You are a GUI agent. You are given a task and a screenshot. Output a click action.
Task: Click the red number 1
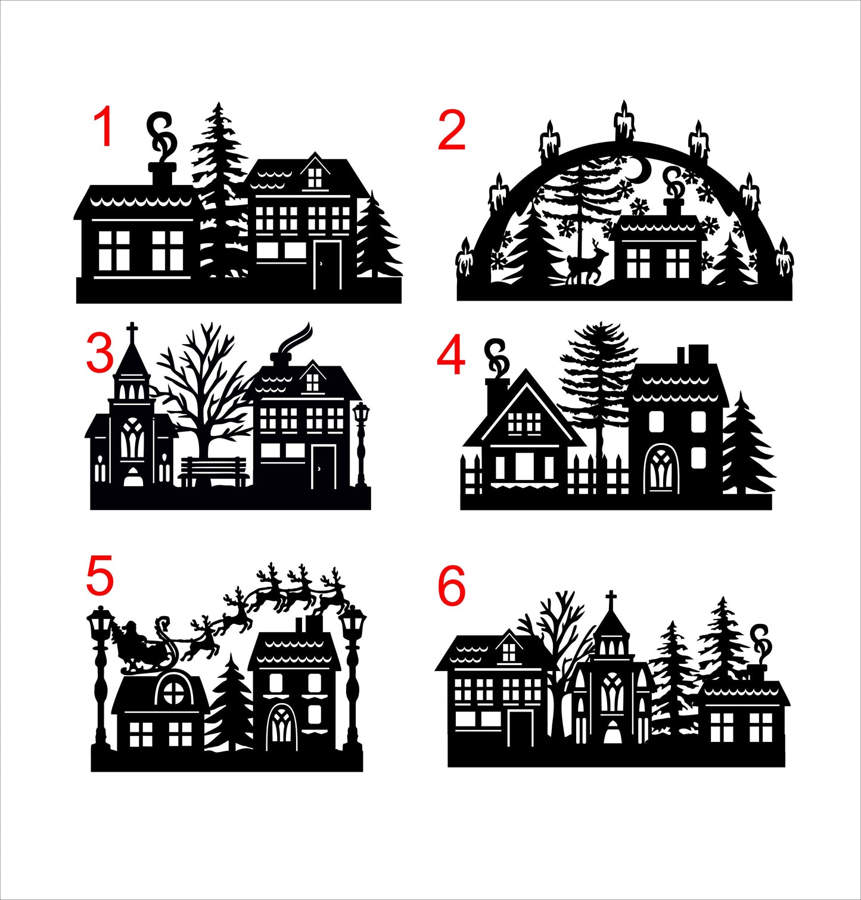(104, 127)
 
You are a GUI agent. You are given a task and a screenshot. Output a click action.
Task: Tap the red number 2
(451, 132)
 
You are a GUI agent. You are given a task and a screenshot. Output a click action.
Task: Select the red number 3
(100, 352)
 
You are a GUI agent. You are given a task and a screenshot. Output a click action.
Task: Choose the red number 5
(100, 576)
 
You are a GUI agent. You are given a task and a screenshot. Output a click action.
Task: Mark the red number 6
(451, 586)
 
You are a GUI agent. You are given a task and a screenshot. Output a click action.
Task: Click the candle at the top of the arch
(624, 122)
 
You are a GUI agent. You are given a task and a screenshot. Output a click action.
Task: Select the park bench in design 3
(214, 471)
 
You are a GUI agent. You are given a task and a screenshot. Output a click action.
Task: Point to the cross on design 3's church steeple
(132, 332)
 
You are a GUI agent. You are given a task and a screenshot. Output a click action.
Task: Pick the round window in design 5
(173, 692)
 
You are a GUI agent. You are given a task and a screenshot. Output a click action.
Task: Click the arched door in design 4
(660, 468)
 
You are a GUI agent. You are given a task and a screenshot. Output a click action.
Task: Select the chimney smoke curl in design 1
(161, 135)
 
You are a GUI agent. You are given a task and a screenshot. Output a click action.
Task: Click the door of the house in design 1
(327, 265)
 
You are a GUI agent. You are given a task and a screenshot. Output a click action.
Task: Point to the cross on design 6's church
(611, 599)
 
